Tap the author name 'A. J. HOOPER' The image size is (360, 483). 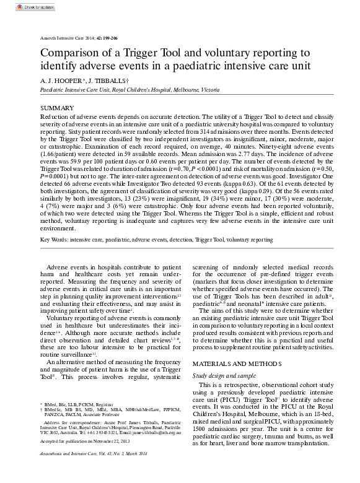[x=59, y=80]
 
